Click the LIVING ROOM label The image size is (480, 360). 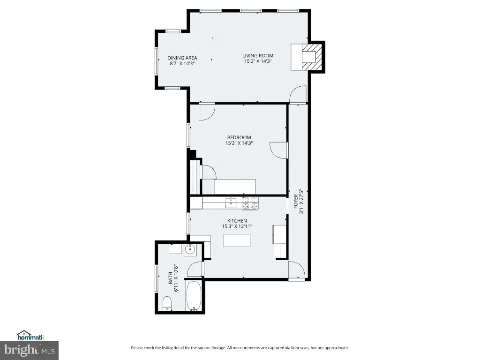point(258,55)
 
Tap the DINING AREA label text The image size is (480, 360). point(182,58)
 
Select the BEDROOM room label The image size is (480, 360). point(239,137)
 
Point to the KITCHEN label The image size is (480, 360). point(237,221)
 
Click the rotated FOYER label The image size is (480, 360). point(296,201)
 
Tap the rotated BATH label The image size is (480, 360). point(171,278)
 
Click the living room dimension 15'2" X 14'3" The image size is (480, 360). point(258,61)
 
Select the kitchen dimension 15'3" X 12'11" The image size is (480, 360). point(237,226)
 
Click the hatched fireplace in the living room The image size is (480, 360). point(312,57)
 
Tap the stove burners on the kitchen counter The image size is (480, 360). point(250,203)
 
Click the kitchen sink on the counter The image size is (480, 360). point(231,202)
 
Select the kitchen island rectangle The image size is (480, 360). point(237,240)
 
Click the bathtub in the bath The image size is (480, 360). point(194,296)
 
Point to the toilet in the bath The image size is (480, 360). point(167,303)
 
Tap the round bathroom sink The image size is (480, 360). point(190,250)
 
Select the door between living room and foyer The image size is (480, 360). point(298,94)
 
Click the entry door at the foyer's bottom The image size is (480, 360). point(297,270)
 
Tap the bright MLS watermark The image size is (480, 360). point(30,350)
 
